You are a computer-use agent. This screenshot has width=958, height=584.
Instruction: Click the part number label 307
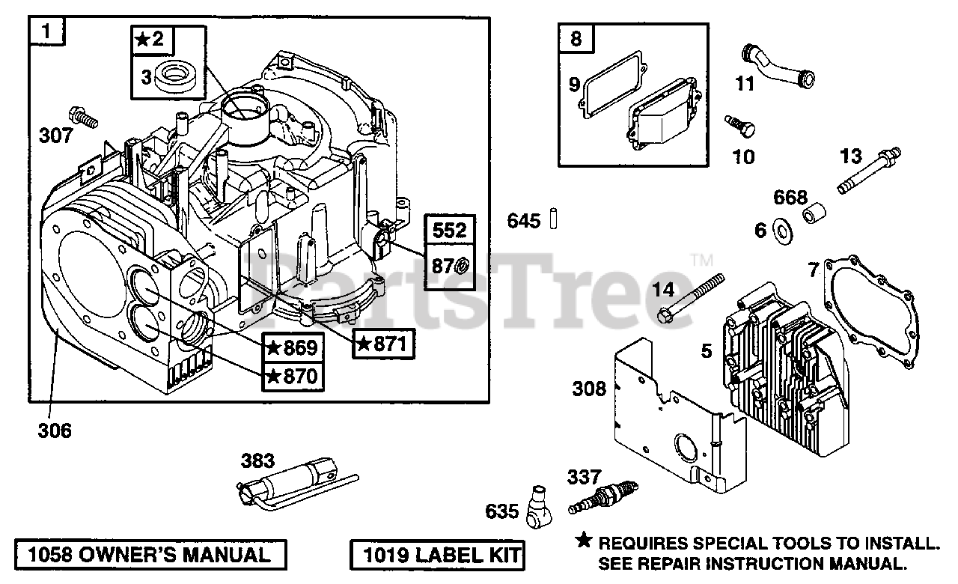[57, 136]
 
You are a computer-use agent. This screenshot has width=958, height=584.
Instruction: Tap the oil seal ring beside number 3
[178, 76]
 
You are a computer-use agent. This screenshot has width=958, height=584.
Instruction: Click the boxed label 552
[450, 231]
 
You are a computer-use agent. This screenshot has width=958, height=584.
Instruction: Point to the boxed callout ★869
[293, 347]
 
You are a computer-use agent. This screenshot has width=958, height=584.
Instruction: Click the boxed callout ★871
[384, 344]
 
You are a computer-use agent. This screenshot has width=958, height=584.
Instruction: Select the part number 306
[55, 431]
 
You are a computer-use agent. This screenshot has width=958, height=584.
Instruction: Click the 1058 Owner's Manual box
[150, 555]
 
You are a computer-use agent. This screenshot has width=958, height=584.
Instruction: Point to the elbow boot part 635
[538, 507]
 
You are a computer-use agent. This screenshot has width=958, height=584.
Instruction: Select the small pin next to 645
[555, 220]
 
